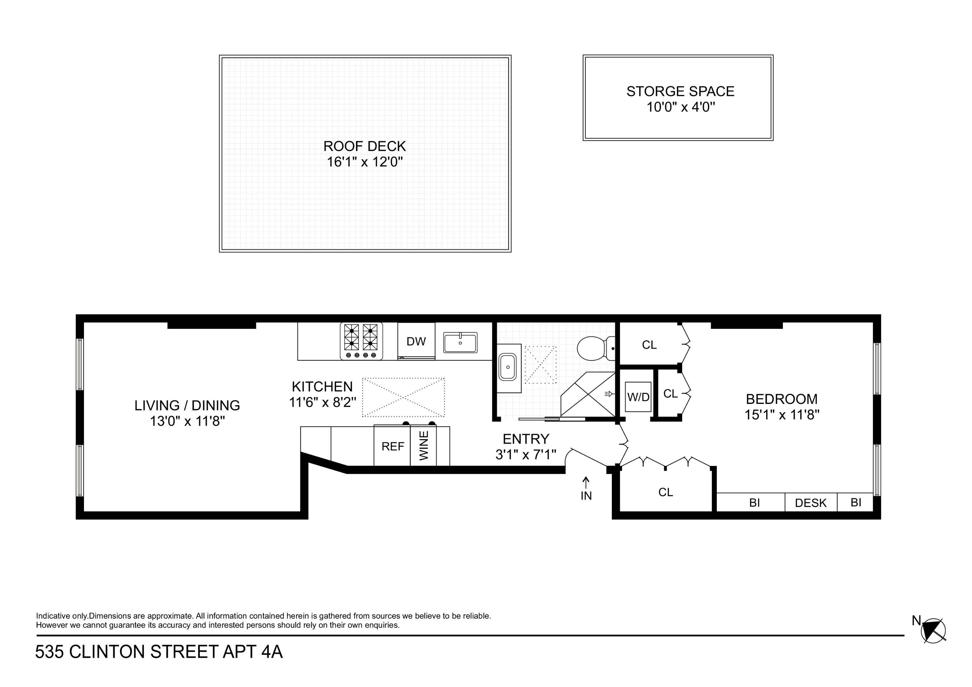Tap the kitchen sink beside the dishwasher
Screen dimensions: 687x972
tap(460, 343)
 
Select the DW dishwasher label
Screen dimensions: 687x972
tap(416, 342)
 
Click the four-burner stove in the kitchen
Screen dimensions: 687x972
tap(361, 341)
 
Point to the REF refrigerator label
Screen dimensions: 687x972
tap(392, 447)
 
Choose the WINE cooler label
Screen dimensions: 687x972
tap(424, 446)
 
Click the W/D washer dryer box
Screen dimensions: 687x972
tap(638, 397)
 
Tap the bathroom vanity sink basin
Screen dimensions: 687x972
tap(507, 367)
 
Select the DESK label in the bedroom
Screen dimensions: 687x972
tap(811, 503)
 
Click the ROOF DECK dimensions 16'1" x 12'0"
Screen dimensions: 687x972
tap(365, 162)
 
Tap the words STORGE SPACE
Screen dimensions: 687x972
tap(680, 91)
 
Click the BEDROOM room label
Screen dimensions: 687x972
tap(781, 399)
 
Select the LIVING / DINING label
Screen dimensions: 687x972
tap(187, 406)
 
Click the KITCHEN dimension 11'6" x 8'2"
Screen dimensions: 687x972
tap(322, 402)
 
